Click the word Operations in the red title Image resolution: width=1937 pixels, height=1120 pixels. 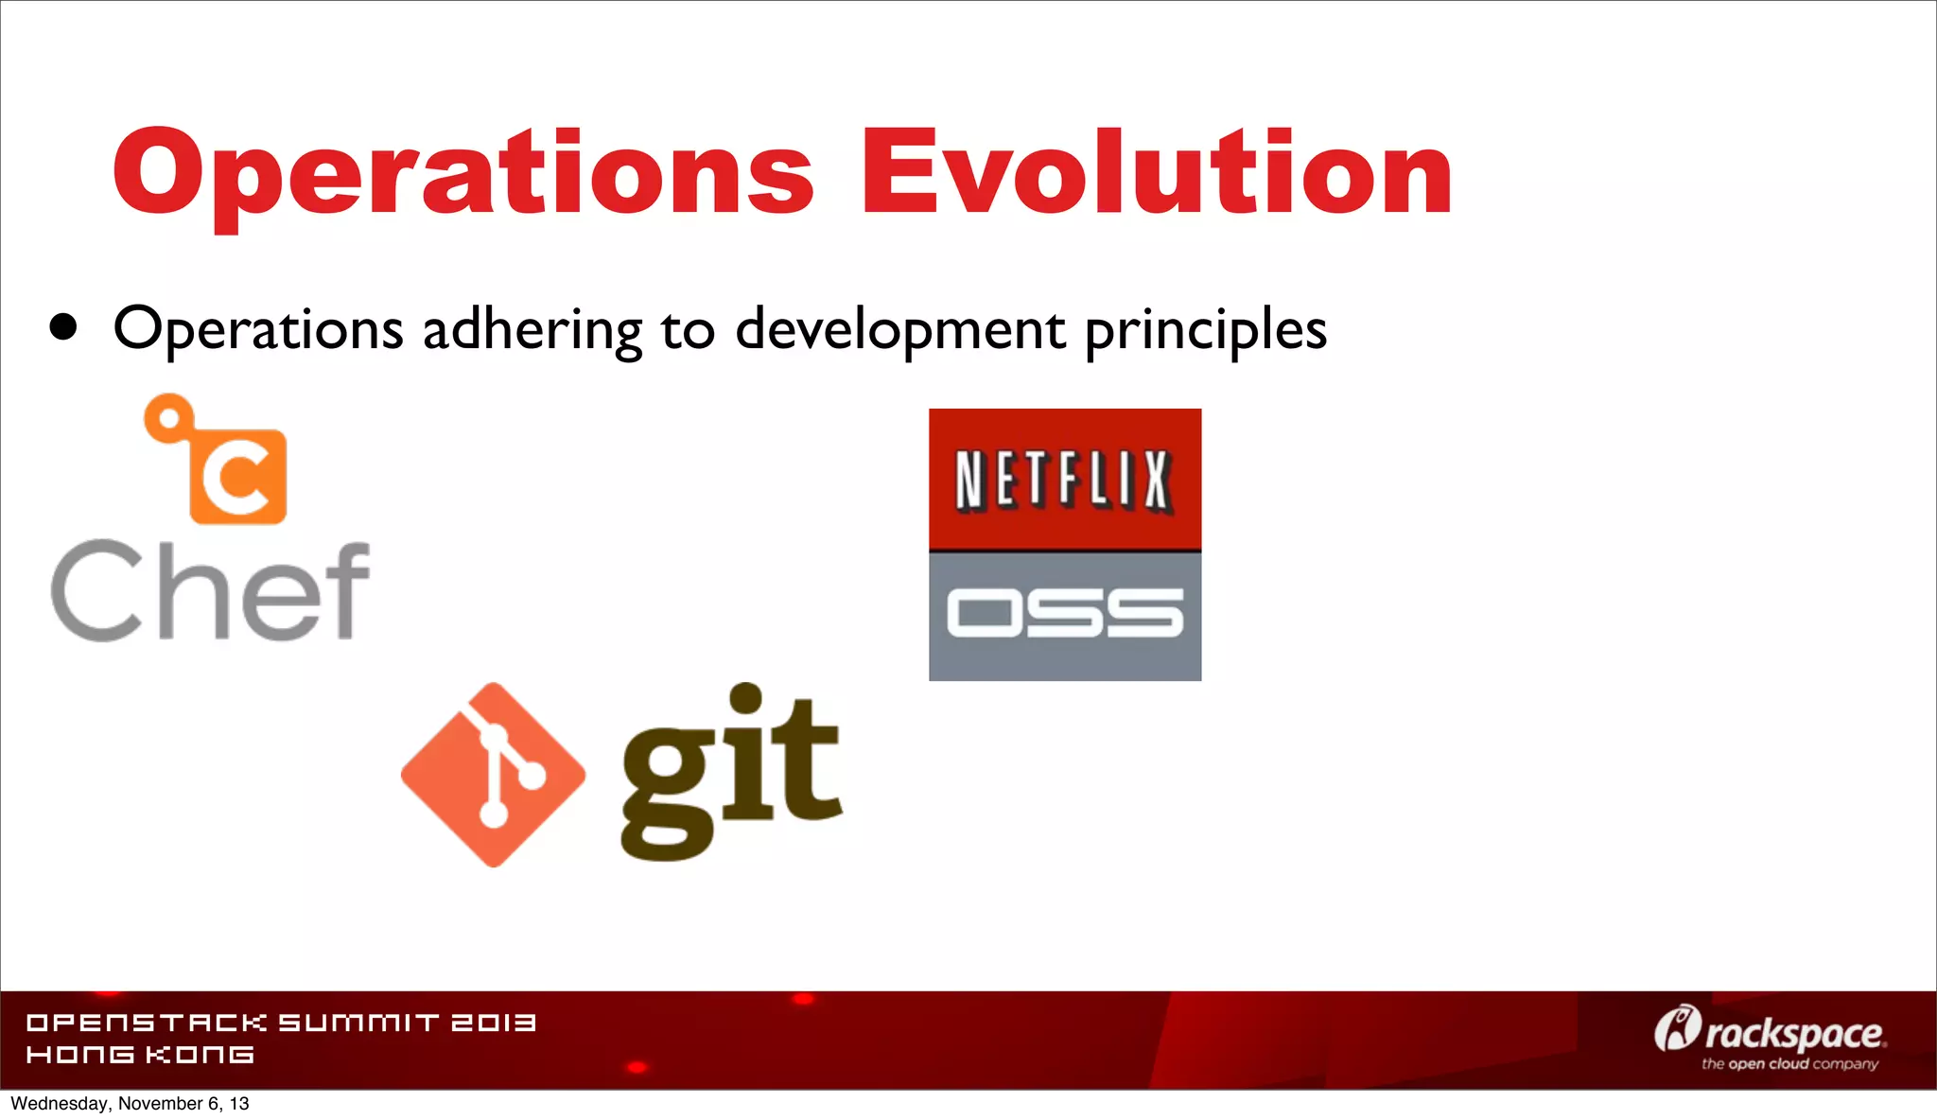tap(463, 175)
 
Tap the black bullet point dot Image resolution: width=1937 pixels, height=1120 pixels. tap(63, 327)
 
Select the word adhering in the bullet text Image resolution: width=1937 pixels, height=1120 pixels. tap(532, 330)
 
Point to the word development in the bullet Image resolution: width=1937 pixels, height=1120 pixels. tap(899, 330)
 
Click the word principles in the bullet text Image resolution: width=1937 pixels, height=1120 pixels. tap(1205, 330)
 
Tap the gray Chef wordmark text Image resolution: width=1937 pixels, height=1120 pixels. tap(210, 590)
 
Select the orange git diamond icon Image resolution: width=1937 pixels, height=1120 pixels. tap(493, 775)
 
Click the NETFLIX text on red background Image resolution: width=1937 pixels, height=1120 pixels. tap(1065, 481)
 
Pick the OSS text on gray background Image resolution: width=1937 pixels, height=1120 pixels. tap(1065, 613)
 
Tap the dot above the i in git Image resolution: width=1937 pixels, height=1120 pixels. tap(745, 698)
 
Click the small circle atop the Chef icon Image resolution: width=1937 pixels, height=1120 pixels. tap(169, 418)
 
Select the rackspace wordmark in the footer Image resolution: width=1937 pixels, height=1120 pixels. tap(1794, 1034)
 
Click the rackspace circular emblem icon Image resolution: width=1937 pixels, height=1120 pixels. tap(1676, 1028)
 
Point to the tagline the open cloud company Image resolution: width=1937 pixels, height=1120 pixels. tap(1789, 1064)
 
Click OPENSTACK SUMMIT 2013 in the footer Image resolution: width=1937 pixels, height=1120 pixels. tap(281, 1023)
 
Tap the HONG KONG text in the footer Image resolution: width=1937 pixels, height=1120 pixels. tap(140, 1055)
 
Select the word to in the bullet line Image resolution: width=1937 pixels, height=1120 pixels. tap(688, 330)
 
